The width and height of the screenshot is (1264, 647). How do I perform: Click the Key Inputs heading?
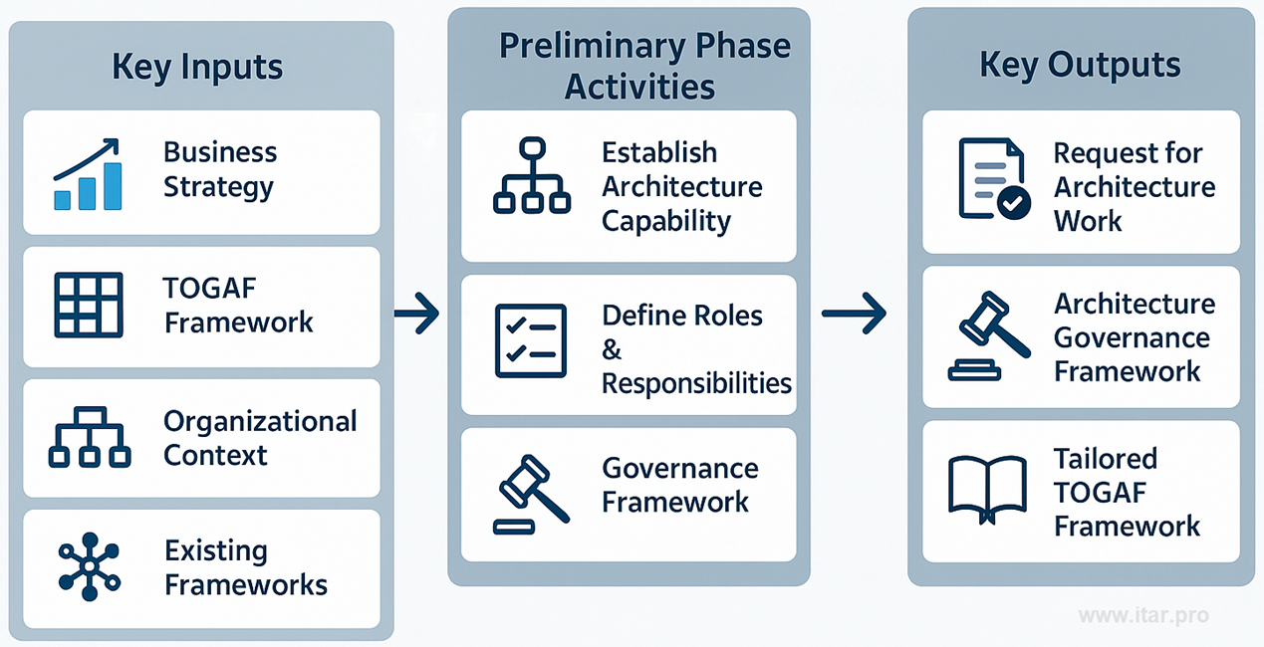coord(197,67)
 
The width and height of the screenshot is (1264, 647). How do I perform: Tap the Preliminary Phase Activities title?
coord(643,66)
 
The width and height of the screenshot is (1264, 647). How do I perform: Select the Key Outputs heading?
coord(1080,65)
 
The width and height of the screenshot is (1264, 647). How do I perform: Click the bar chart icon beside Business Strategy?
coord(87,174)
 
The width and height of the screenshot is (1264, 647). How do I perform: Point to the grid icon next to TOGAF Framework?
coord(88,305)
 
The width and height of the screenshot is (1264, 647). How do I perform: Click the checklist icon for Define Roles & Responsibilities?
coord(531,340)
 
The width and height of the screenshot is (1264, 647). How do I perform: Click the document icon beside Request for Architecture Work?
coord(993,178)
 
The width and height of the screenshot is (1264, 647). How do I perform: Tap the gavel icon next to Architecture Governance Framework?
coord(988,336)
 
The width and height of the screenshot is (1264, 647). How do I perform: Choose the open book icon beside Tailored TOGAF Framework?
coord(987,489)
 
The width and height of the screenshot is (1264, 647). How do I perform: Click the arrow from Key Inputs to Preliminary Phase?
coord(416,316)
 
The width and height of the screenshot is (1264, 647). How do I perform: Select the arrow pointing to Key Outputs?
coord(854,314)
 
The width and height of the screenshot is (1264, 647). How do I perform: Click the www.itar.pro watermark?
coord(1143,615)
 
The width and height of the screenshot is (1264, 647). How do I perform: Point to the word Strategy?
coord(218,187)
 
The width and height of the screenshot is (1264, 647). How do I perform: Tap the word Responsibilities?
coord(696,383)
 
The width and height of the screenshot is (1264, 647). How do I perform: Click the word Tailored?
coord(1106,459)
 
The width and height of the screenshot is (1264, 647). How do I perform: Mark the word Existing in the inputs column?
coord(216,550)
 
